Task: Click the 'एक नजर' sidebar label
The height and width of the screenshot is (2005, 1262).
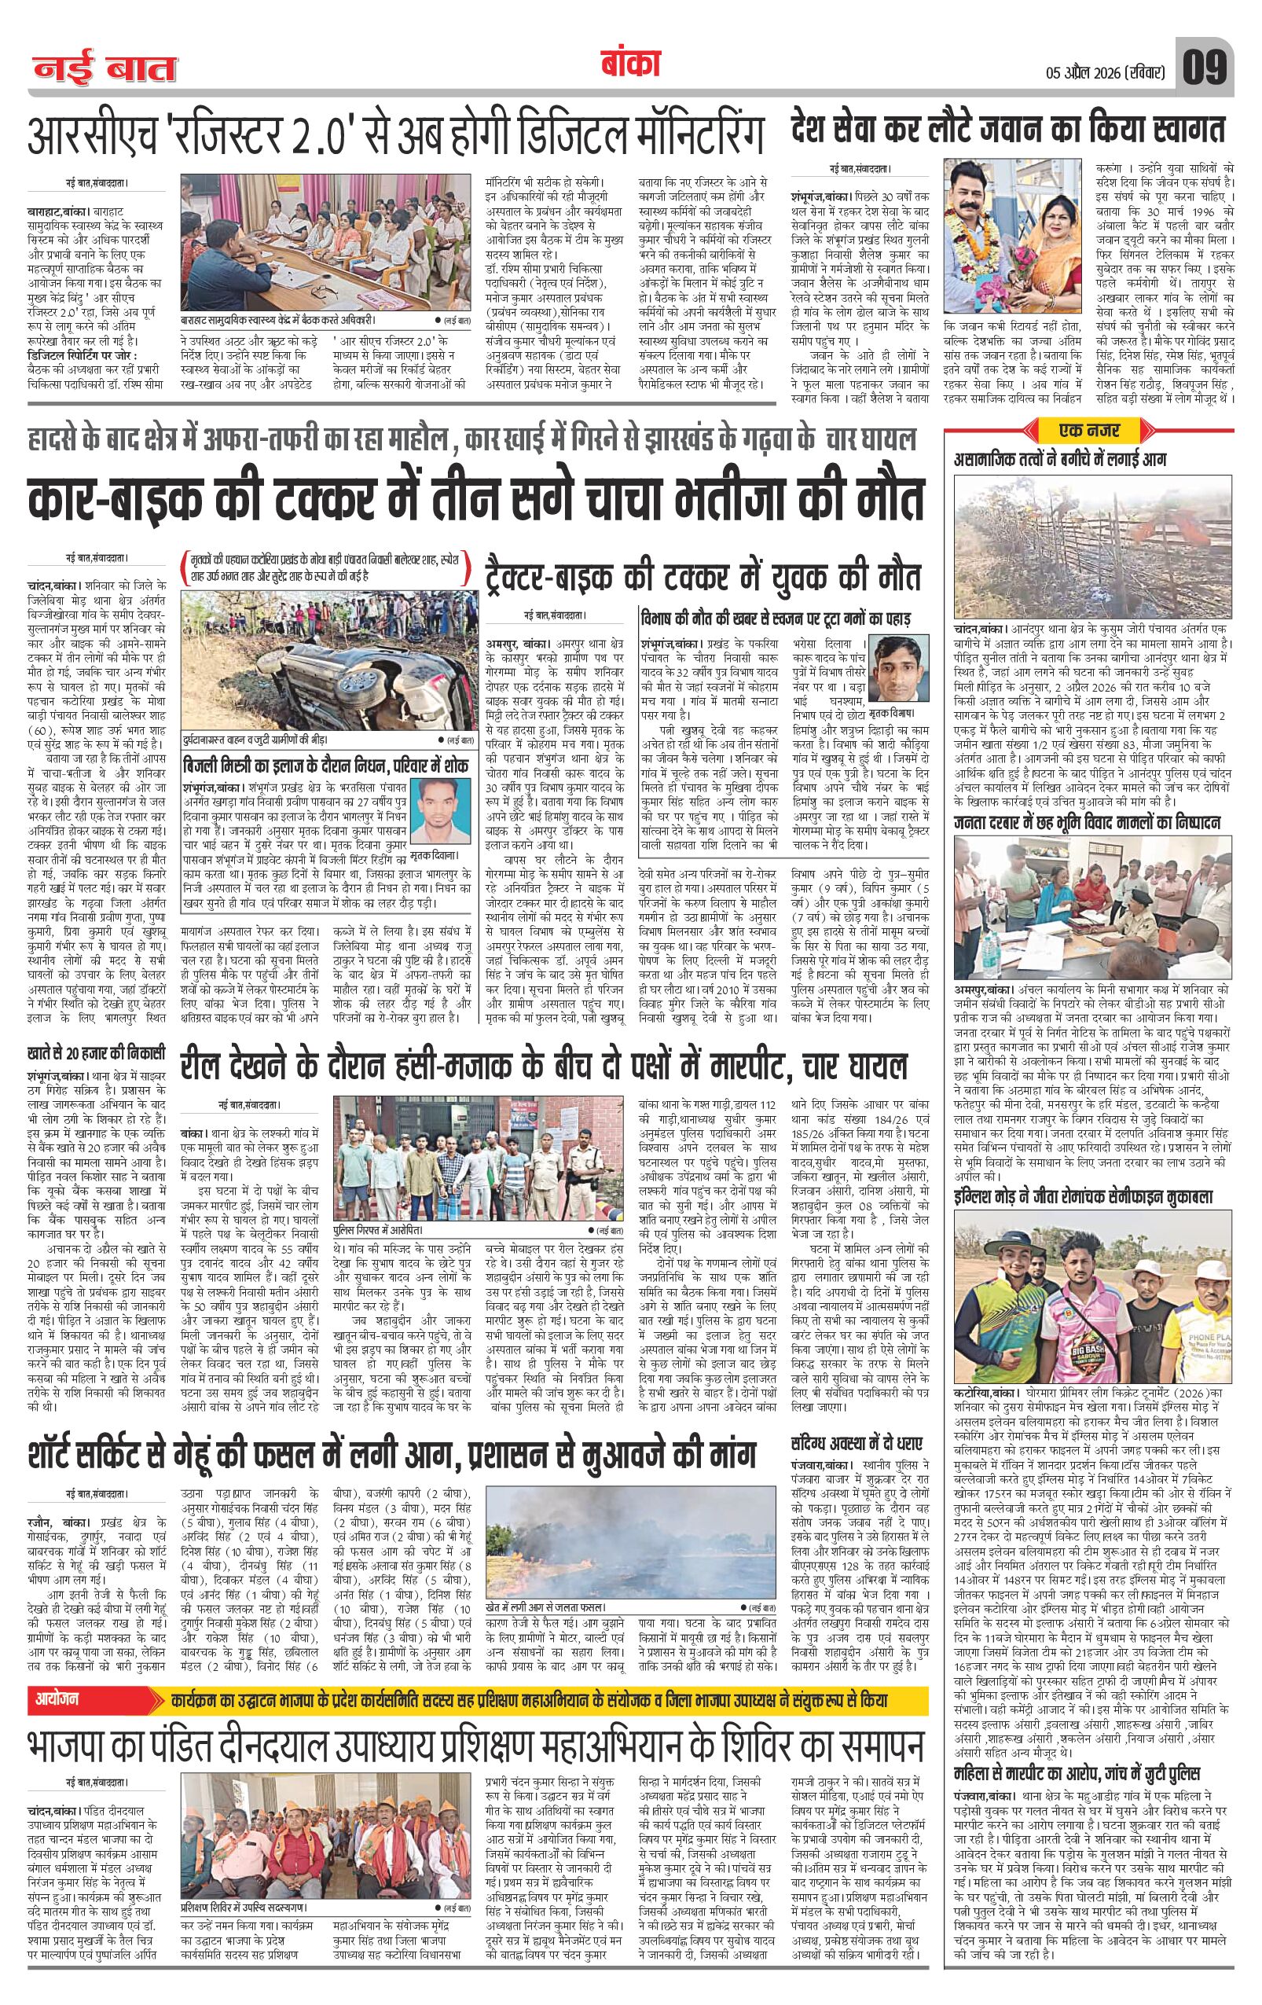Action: click(1085, 431)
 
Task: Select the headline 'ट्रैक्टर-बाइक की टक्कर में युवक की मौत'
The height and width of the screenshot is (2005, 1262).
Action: click(703, 576)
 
